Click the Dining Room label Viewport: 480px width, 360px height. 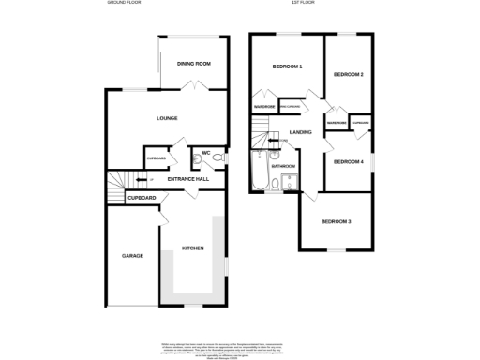pos(194,64)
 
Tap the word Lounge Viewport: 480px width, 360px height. pos(167,118)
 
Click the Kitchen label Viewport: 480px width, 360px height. pos(192,248)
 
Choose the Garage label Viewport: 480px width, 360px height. pos(132,255)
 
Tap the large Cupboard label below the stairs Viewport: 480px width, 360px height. pos(142,198)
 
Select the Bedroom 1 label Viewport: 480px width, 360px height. pos(287,67)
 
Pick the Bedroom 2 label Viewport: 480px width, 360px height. pos(348,75)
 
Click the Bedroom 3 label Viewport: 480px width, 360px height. pos(336,221)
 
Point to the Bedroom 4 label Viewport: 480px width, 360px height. pos(348,162)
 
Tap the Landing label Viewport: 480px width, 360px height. pos(301,133)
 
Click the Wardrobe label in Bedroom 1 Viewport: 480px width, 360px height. pos(263,107)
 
